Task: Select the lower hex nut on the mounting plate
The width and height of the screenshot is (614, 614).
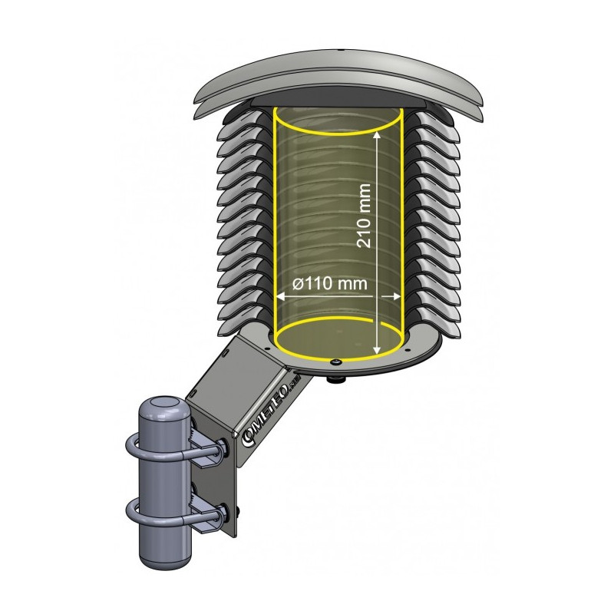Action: (x=223, y=511)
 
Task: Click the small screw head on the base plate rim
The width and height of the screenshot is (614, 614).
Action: (x=337, y=361)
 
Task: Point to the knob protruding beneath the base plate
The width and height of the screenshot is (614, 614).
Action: (x=338, y=378)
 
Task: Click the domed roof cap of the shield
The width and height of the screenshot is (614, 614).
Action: (x=338, y=77)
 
